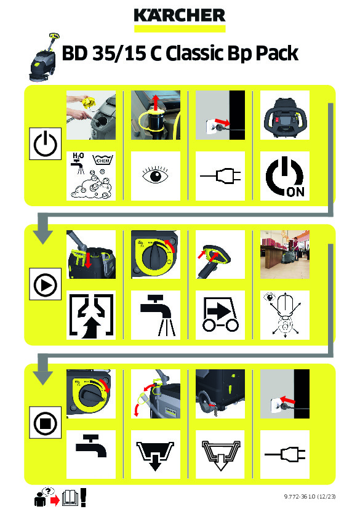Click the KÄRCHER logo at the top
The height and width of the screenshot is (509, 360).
[180, 15]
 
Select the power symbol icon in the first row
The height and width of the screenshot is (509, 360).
[45, 143]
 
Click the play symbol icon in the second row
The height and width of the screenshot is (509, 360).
[45, 284]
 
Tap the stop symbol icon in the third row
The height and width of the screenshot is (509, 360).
[45, 423]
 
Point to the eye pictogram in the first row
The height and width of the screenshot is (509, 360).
[156, 175]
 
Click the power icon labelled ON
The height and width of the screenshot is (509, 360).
[285, 176]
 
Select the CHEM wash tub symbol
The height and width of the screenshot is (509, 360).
[103, 159]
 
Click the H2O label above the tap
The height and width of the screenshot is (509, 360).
[78, 156]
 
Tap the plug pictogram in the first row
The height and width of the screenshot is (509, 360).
[220, 175]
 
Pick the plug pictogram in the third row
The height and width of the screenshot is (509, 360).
[285, 454]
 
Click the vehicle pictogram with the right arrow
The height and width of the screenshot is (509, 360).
[220, 315]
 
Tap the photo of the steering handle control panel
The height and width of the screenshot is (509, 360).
[285, 115]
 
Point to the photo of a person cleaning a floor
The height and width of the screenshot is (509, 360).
[285, 255]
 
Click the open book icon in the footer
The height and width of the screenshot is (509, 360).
[70, 498]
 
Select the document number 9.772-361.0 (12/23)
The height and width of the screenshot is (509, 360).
[310, 496]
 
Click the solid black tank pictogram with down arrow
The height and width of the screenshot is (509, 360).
[155, 455]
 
